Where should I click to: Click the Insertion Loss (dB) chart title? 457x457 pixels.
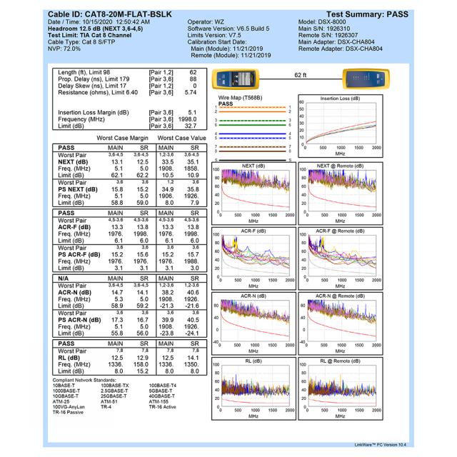(340, 98)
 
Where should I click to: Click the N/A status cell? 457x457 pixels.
(65, 276)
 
